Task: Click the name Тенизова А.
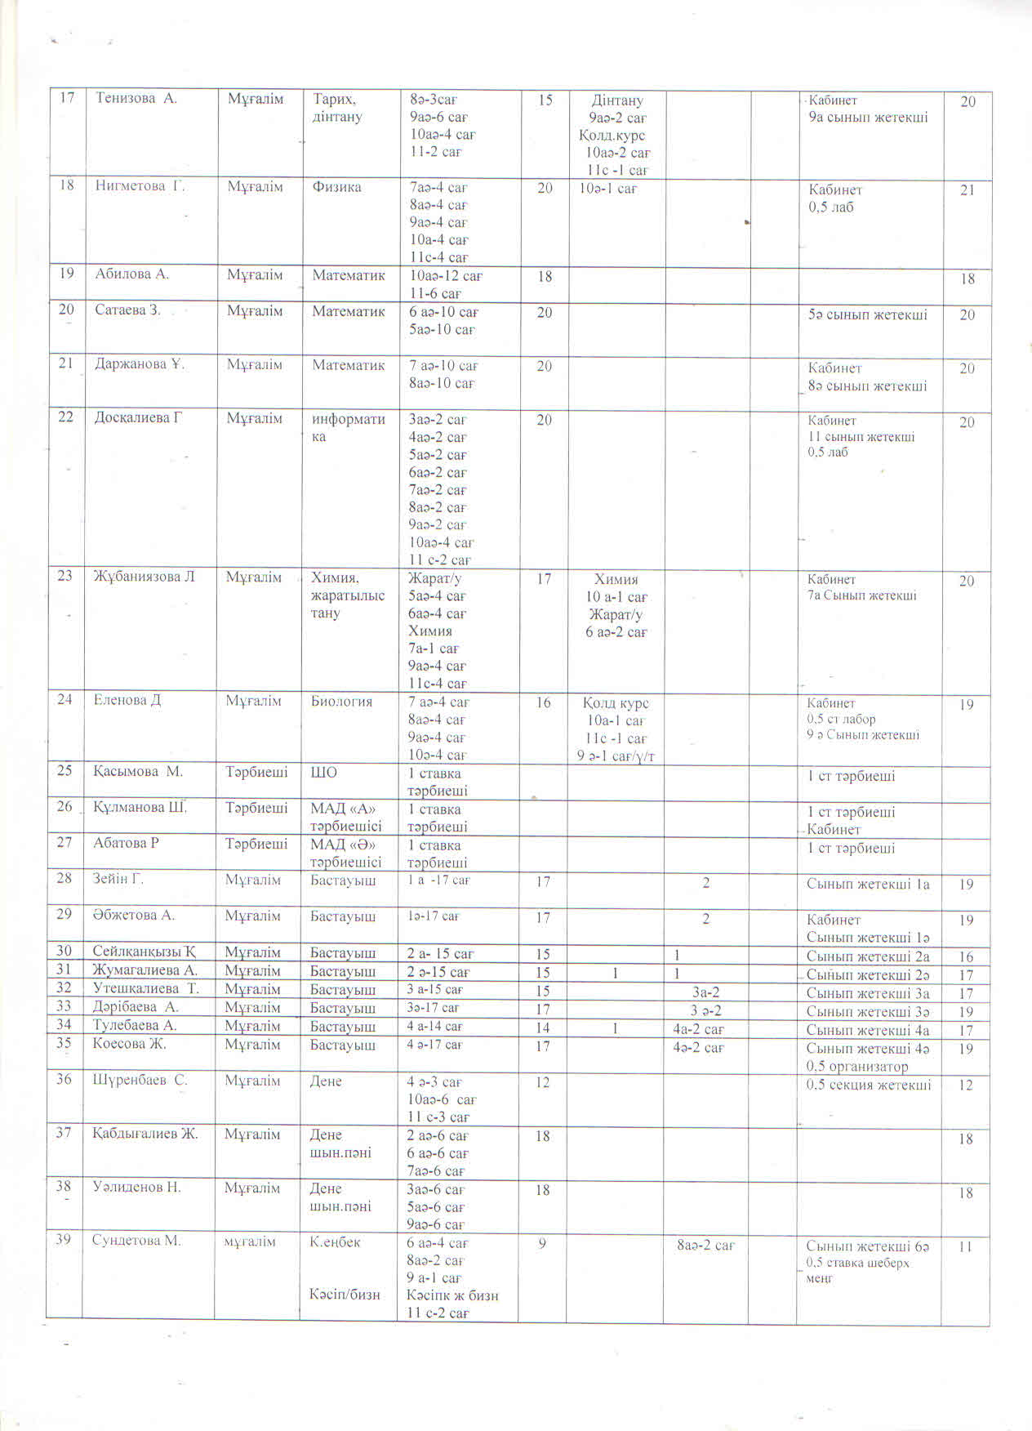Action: pyautogui.click(x=136, y=99)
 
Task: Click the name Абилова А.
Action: pyautogui.click(x=132, y=274)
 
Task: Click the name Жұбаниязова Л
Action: pyautogui.click(x=145, y=577)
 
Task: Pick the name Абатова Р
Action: pyautogui.click(x=126, y=843)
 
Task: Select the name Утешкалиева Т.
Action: pyautogui.click(x=146, y=989)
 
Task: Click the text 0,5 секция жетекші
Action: pyautogui.click(x=868, y=1085)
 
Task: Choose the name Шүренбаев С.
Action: pyautogui.click(x=140, y=1081)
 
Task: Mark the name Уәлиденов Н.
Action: pyautogui.click(x=136, y=1188)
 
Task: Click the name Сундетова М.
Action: pyautogui.click(x=136, y=1242)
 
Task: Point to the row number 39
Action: pyautogui.click(x=64, y=1240)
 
